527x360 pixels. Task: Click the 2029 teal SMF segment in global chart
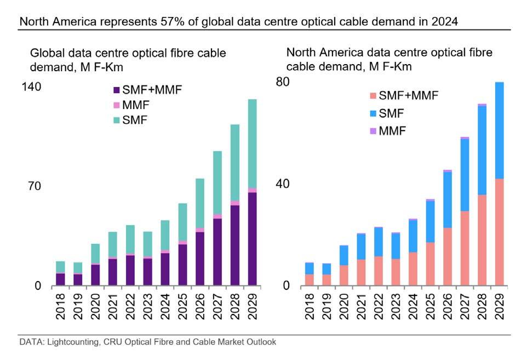tap(252, 144)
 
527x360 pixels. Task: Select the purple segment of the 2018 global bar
tap(60, 279)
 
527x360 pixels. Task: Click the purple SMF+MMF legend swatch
tap(116, 90)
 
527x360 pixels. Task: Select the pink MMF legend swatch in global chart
tap(116, 105)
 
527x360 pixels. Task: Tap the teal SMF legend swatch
tap(116, 119)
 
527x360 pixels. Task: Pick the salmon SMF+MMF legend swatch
tap(373, 96)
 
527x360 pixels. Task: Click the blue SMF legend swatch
tap(373, 113)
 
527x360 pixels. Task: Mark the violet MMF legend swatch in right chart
tap(373, 131)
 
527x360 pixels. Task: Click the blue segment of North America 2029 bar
tap(499, 130)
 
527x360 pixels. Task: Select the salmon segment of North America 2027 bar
tap(465, 248)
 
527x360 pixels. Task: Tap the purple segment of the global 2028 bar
tap(234, 245)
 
